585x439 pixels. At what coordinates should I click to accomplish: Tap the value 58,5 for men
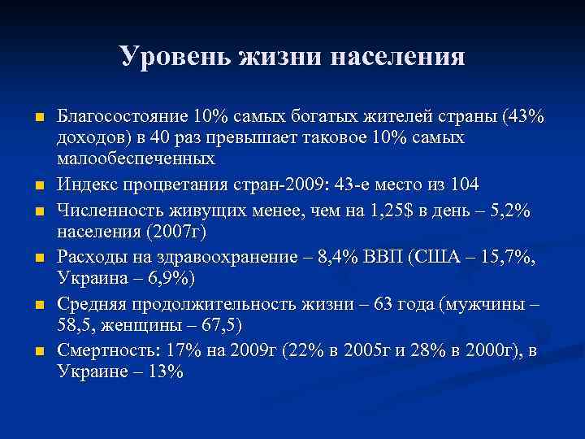click(x=77, y=325)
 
